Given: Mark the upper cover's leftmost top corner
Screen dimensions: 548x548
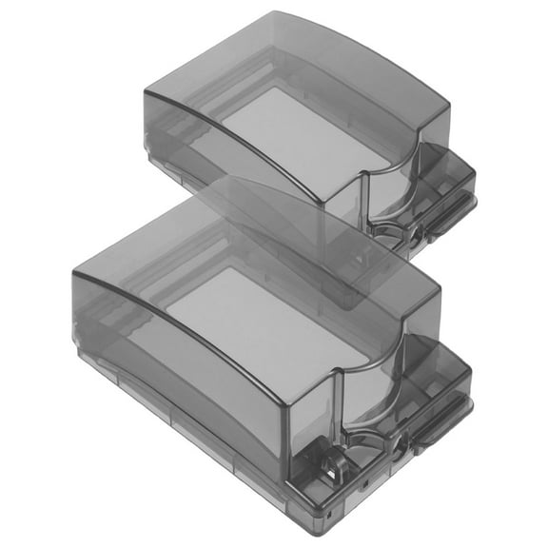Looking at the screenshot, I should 146,91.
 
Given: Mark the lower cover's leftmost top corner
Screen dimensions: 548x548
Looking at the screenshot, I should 74,272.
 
